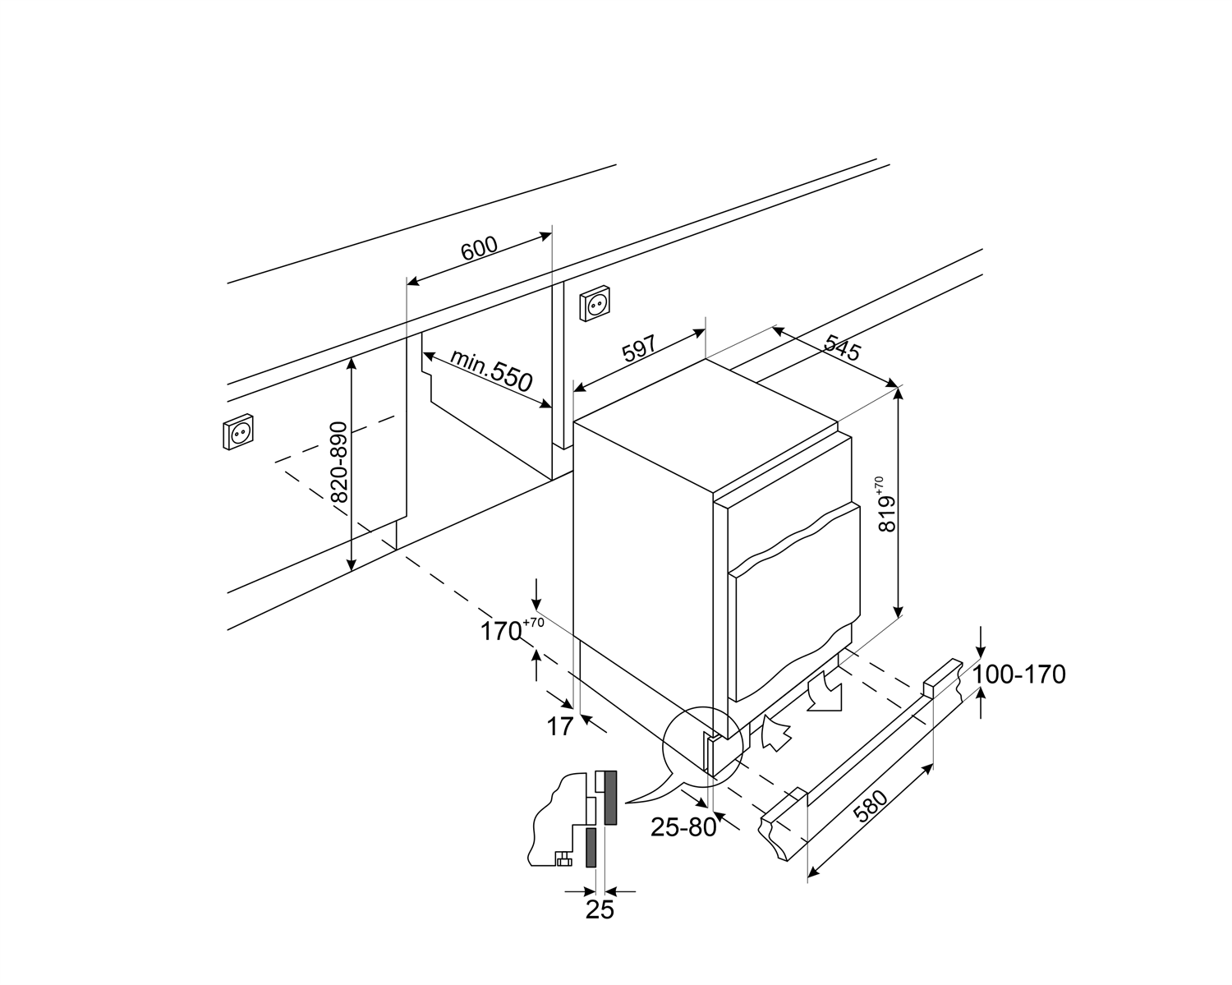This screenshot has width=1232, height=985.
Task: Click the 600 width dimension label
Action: click(x=479, y=248)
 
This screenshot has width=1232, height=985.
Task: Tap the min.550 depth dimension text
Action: click(x=491, y=371)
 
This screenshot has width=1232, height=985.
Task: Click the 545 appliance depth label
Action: click(x=841, y=348)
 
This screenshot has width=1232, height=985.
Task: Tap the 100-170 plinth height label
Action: click(x=1019, y=674)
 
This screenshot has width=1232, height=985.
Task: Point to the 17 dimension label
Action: click(x=559, y=727)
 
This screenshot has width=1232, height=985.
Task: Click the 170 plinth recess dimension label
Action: click(x=503, y=631)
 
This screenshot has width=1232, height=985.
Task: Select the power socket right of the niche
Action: click(x=597, y=305)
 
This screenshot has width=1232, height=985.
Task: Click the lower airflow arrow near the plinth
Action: click(x=775, y=732)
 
